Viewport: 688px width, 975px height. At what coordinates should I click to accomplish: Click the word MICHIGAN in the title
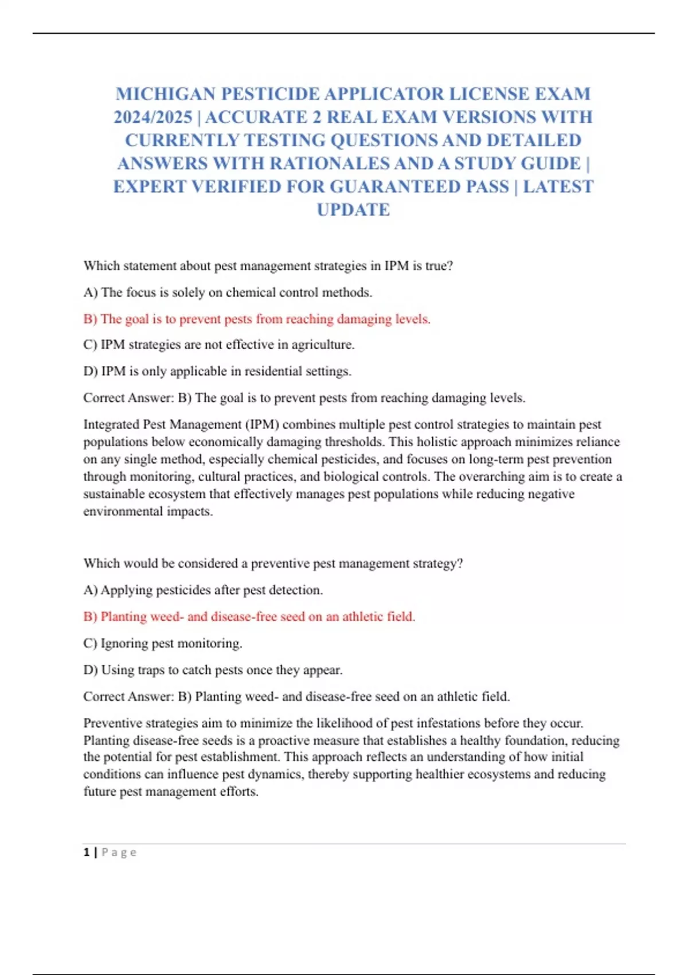tap(165, 94)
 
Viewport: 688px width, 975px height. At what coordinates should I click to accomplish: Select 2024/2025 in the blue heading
tap(153, 118)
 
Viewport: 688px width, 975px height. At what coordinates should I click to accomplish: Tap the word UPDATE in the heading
tap(353, 210)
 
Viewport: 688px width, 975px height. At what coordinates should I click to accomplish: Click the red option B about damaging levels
tap(257, 319)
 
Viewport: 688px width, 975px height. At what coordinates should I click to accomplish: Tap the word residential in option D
tap(273, 371)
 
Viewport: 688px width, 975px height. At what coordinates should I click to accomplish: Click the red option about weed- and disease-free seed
tap(249, 617)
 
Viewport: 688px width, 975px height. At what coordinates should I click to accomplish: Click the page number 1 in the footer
tap(87, 852)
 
